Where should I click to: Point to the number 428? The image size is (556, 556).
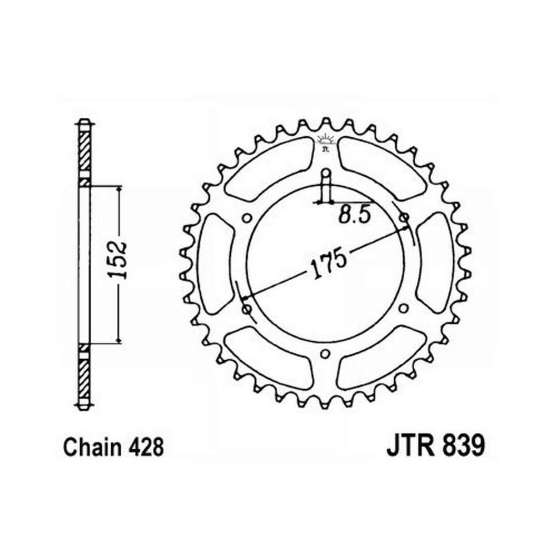tap(146, 447)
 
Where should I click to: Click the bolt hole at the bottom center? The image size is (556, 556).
tap(325, 354)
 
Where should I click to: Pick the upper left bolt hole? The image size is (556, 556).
tap(246, 217)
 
